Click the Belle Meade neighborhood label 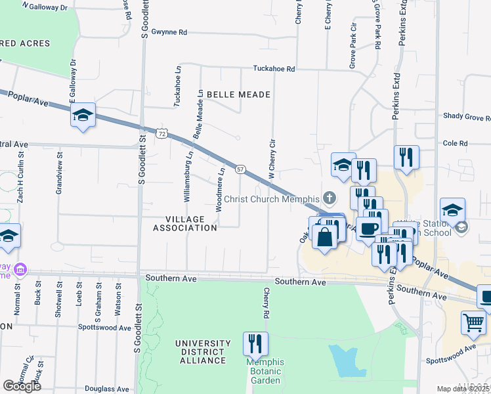[238, 95]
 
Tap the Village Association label [184, 223]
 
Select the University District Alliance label [203, 352]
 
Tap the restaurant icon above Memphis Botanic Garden [255, 343]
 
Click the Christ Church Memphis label [271, 199]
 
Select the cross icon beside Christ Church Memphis [330, 198]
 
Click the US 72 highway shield [162, 133]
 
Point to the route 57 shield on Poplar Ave [241, 169]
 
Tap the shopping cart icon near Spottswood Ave [473, 323]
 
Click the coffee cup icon [370, 227]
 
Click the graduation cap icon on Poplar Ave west [83, 116]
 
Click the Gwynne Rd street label [169, 32]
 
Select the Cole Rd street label [455, 143]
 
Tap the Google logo [22, 385]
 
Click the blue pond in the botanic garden [346, 361]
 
